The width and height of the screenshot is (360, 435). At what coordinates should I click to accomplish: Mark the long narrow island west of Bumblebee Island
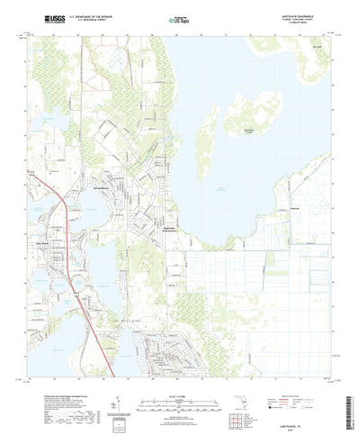(208, 135)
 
